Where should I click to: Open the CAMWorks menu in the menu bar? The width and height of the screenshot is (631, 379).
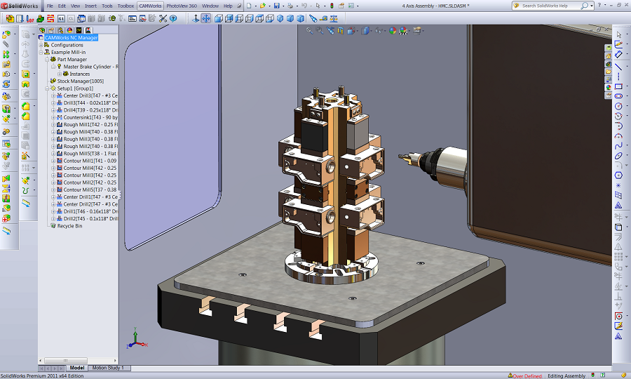150,6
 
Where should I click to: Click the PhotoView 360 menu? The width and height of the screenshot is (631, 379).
182,6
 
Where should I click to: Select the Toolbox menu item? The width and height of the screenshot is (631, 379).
125,6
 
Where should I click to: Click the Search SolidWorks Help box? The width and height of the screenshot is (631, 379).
551,6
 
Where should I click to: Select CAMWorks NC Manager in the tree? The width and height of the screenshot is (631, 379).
71,38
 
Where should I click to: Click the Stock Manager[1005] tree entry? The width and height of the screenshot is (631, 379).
81,81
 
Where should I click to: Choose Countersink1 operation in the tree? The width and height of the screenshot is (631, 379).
81,117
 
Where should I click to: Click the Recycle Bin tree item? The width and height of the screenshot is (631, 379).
69,226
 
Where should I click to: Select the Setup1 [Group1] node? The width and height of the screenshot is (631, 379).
75,88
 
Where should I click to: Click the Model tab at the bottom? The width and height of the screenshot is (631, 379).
77,368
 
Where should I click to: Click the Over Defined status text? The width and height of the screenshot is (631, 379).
527,375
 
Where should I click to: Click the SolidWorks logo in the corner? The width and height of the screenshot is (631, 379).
21,6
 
